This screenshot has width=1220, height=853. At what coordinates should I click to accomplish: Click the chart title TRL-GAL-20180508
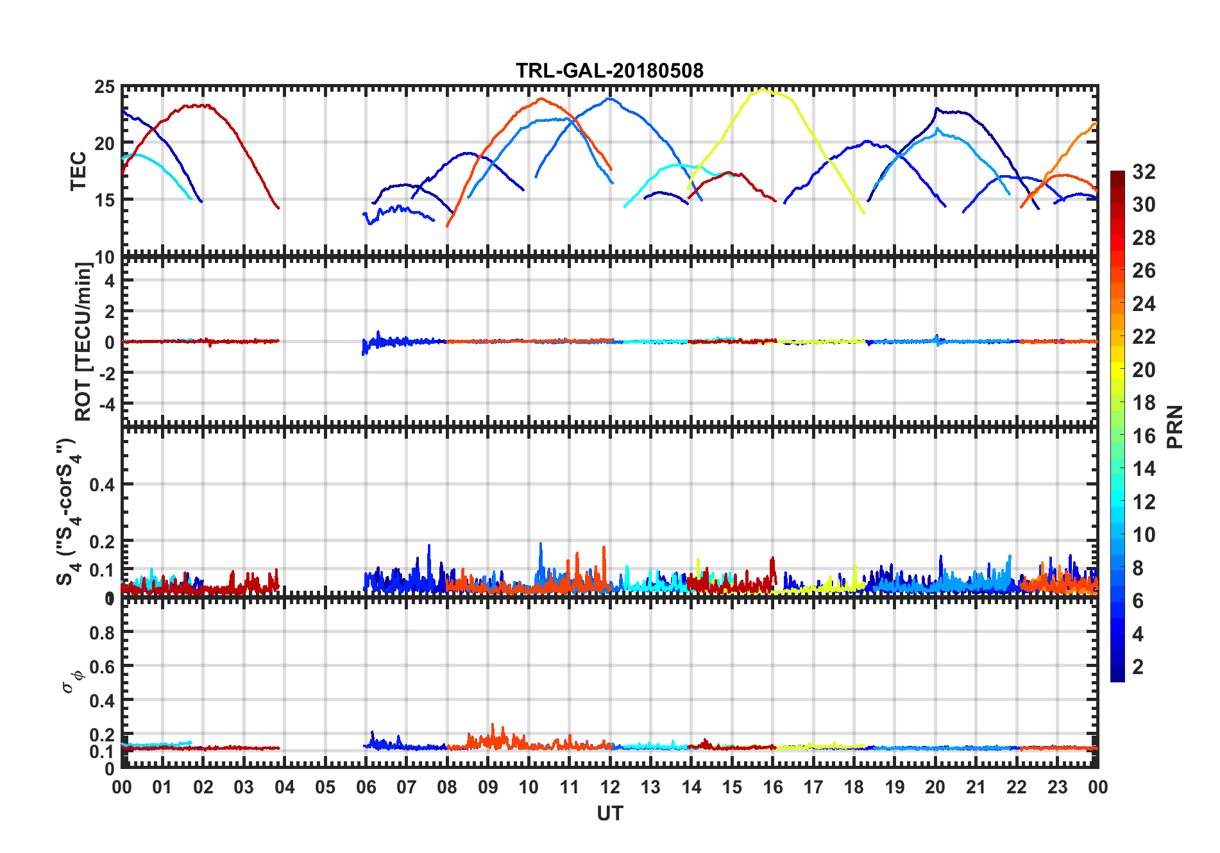pos(609,71)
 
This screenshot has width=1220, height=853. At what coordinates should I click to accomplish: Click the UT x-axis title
pos(609,814)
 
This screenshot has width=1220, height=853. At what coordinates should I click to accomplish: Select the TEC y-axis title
pos(78,171)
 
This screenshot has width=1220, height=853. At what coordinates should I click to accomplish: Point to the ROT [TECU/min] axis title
pos(83,341)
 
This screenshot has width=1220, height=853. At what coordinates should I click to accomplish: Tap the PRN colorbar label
pos(1174,426)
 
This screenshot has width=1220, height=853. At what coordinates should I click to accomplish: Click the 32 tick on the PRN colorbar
pos(1144,172)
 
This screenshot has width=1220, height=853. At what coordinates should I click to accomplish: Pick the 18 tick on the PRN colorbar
pos(1144,403)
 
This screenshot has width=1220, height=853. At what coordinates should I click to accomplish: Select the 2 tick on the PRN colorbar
pos(1138,667)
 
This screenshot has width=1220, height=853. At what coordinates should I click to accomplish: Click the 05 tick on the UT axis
pos(325,788)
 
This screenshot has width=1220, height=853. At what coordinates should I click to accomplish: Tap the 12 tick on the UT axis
pos(610,788)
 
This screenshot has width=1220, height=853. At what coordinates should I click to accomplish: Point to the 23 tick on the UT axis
pos(1057,788)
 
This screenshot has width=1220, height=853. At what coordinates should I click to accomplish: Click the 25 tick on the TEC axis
pos(105,87)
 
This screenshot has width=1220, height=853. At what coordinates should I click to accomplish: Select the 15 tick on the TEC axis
pos(105,199)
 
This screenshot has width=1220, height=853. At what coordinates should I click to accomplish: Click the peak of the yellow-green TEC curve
pos(762,90)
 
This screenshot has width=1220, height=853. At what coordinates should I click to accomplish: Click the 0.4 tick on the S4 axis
pos(102,485)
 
